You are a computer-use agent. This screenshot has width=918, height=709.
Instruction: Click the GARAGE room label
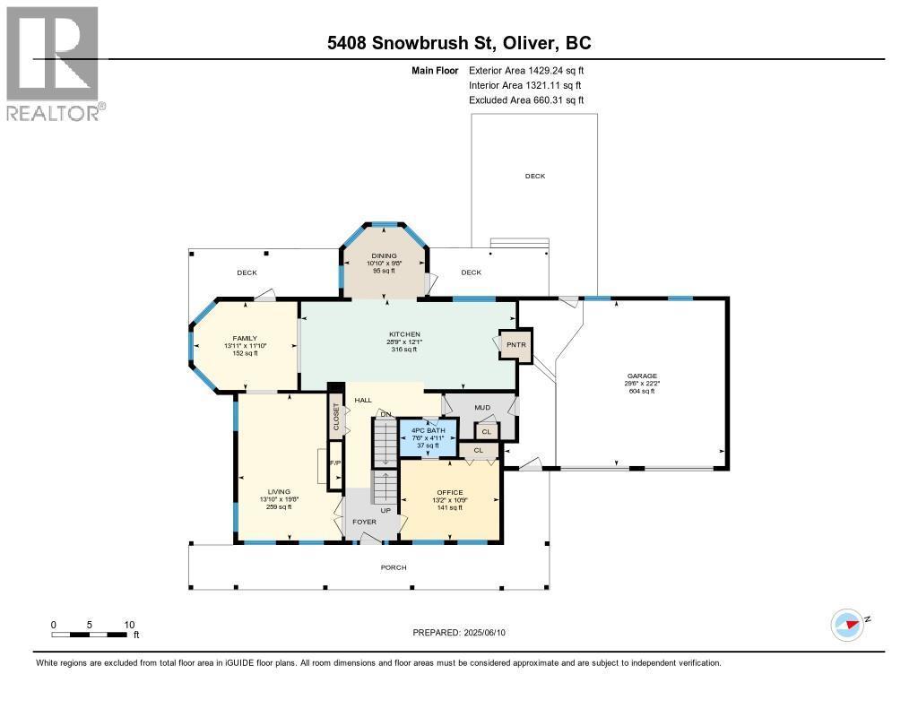(x=642, y=376)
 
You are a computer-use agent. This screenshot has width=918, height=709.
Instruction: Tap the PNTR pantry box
(x=515, y=344)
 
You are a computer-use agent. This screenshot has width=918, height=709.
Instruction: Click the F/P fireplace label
(x=335, y=463)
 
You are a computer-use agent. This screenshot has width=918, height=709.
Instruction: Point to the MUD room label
(x=482, y=407)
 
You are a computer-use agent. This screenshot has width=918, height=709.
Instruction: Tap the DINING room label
(x=385, y=256)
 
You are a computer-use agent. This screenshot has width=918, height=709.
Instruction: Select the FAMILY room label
(x=245, y=338)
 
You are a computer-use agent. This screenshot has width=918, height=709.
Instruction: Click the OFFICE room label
(x=449, y=492)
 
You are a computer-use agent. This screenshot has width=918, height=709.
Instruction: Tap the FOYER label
(x=364, y=521)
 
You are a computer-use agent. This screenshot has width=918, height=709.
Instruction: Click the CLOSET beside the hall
(x=336, y=418)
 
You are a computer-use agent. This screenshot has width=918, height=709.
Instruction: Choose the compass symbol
(x=846, y=624)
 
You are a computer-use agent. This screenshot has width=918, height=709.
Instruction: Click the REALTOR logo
(x=53, y=63)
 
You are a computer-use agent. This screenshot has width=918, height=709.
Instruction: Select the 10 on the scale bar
(x=129, y=625)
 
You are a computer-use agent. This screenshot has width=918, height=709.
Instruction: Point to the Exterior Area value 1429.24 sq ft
(x=552, y=70)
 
